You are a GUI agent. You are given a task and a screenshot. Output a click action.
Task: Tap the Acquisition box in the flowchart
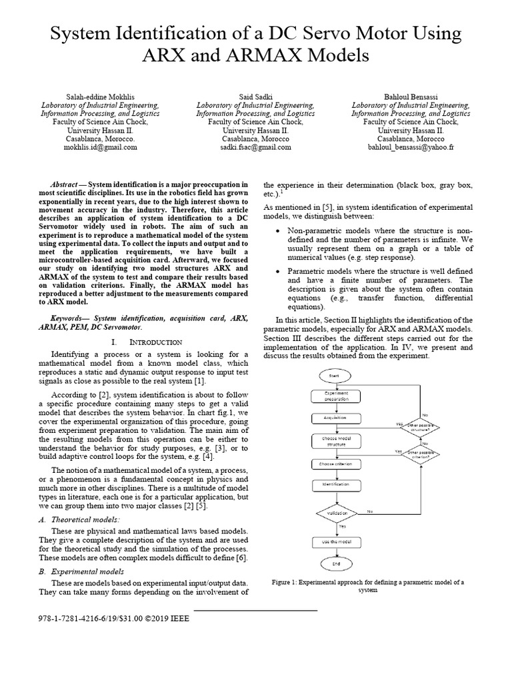point(335,418)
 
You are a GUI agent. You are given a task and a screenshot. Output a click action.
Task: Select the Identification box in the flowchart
point(335,486)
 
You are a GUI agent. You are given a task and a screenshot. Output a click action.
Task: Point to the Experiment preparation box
point(335,396)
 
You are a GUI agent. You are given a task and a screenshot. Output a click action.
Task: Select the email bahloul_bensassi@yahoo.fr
point(410,147)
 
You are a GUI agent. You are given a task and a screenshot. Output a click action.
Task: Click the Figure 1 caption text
point(368,585)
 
